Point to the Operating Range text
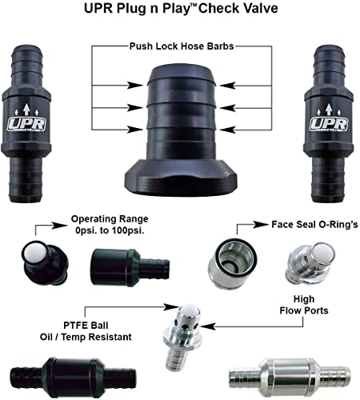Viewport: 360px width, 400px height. coord(109,218)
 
